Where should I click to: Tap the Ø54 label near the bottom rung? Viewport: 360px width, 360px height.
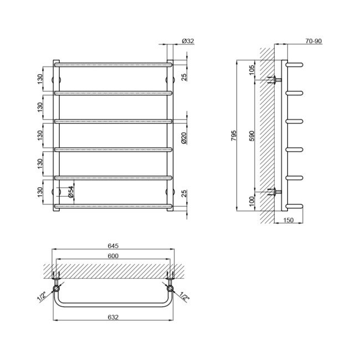71,191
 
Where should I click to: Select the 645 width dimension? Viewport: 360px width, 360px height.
113,246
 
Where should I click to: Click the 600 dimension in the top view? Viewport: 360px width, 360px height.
113,255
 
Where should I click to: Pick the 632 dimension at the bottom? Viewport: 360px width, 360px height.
113,317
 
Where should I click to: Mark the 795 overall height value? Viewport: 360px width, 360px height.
234,136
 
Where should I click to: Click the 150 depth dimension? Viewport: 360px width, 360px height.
288,220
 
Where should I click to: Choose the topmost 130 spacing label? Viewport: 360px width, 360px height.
40,79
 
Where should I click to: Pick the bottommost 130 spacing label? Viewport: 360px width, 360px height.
40,192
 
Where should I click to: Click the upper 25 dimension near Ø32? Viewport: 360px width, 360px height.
184,76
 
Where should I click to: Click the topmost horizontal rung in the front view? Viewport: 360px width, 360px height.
113,65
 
